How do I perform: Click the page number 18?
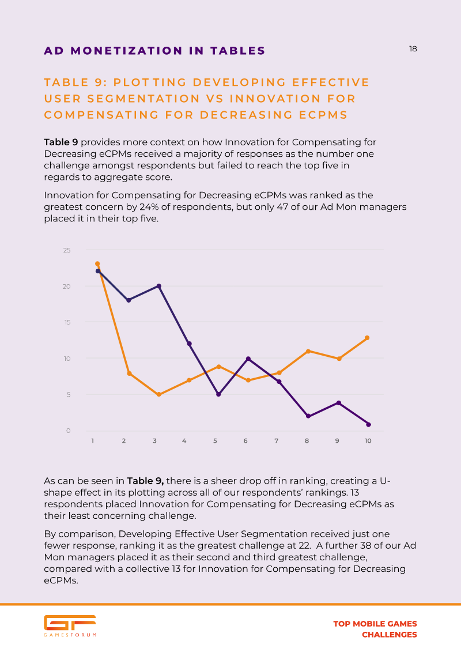[x=413, y=49]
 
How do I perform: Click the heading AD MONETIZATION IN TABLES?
[x=154, y=51]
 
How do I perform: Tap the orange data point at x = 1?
[x=97, y=263]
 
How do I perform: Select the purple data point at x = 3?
[x=159, y=286]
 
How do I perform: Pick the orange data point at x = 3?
[x=159, y=394]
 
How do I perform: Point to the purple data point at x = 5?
[x=218, y=394]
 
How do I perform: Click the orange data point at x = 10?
[x=367, y=338]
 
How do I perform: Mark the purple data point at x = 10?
[x=368, y=424]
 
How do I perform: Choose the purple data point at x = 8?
[x=308, y=416]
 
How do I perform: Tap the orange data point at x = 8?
[x=308, y=351]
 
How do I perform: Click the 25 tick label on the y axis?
[x=67, y=250]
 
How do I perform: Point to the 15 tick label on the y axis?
[x=67, y=322]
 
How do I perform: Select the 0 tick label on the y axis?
[x=68, y=431]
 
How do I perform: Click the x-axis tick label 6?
[x=245, y=441]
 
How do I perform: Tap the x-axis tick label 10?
[x=368, y=441]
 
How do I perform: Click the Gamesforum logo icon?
[x=70, y=623]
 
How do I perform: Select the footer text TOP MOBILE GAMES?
[x=375, y=624]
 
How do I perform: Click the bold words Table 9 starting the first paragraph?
[x=61, y=142]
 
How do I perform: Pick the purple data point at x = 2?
[x=129, y=300]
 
